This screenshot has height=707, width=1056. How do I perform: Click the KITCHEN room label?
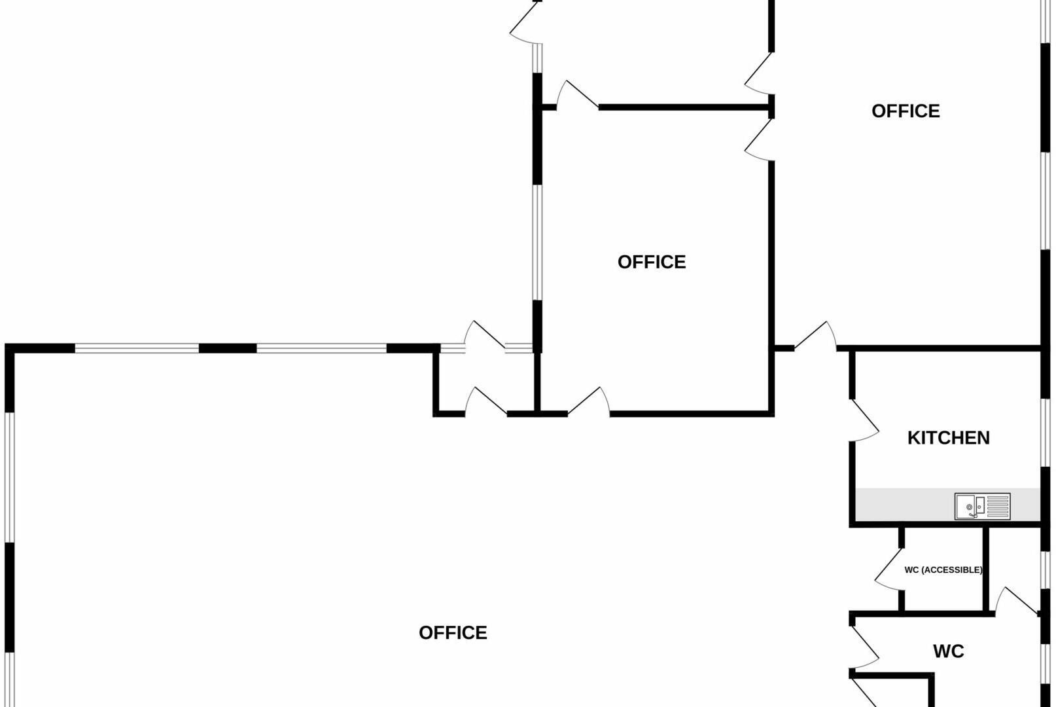(948, 437)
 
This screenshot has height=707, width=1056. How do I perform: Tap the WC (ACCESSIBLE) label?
(943, 570)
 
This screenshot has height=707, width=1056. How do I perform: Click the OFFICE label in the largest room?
(453, 632)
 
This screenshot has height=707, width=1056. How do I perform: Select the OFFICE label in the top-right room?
(906, 111)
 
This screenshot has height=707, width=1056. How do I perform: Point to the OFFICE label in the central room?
(652, 262)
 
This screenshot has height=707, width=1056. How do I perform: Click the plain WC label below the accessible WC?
(948, 651)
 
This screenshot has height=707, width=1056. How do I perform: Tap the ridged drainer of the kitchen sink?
(998, 505)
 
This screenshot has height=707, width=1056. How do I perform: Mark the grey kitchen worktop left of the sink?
(903, 505)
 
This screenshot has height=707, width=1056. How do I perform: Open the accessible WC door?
(889, 568)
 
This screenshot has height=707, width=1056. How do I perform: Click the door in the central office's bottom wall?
(589, 402)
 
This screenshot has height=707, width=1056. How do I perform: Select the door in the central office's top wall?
(577, 96)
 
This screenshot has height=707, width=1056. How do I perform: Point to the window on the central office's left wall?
(537, 242)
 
